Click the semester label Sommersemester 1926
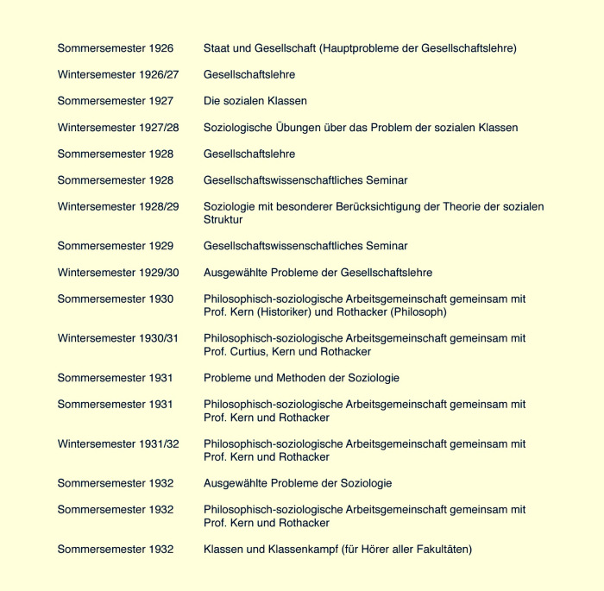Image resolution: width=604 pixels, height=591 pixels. click(x=116, y=48)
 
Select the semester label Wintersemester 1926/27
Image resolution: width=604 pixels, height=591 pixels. click(x=118, y=75)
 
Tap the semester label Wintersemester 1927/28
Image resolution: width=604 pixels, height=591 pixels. click(x=118, y=128)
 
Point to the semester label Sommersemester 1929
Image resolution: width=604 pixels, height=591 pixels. click(x=116, y=246)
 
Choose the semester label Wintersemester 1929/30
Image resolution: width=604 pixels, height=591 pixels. click(x=118, y=273)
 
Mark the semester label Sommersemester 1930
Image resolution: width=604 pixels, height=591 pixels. click(x=116, y=299)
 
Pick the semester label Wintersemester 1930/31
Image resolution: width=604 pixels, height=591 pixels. click(x=118, y=338)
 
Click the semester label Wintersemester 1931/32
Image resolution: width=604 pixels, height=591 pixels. click(x=118, y=443)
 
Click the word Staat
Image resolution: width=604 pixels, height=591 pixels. click(x=218, y=48)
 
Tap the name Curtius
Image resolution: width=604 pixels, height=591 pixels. click(x=255, y=351)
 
